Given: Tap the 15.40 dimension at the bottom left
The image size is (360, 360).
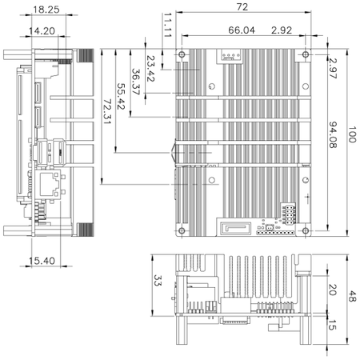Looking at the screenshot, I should [40, 261].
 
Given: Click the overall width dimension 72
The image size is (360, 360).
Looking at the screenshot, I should [241, 6].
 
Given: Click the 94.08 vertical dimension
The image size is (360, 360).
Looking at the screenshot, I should [332, 137].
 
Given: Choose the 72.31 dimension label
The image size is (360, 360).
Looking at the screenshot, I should [106, 116].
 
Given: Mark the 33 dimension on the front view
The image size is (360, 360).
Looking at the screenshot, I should [158, 281].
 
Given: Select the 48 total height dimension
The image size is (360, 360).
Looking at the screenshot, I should [353, 296].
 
